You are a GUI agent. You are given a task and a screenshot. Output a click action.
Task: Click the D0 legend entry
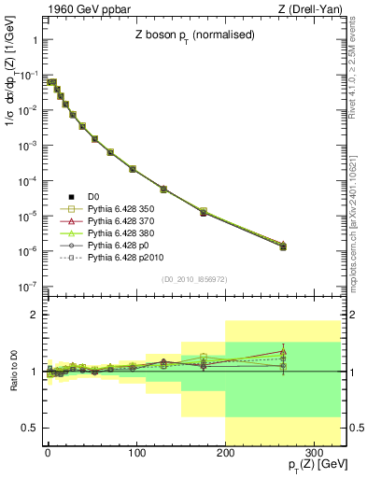93,196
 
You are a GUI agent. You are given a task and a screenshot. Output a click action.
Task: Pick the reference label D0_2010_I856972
193,279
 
